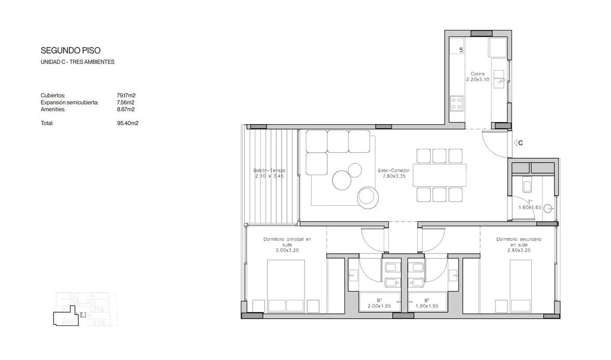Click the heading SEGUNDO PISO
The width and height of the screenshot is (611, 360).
pyautogui.click(x=71, y=51)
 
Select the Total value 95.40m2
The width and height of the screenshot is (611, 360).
pyautogui.click(x=127, y=123)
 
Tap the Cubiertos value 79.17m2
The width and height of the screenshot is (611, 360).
pyautogui.click(x=126, y=95)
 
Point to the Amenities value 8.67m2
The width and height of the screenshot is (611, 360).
pyautogui.click(x=126, y=109)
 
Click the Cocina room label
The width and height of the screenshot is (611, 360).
pyautogui.click(x=478, y=74)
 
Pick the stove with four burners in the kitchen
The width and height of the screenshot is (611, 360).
pyautogui.click(x=457, y=103)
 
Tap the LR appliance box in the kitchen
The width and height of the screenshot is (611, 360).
pyautogui.click(x=457, y=46)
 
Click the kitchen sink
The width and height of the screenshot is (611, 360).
pyautogui.click(x=499, y=79)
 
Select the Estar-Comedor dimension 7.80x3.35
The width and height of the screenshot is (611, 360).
pyautogui.click(x=394, y=176)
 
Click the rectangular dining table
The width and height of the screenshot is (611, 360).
pyautogui.click(x=440, y=175)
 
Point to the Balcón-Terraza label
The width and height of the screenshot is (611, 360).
pyautogui.click(x=269, y=170)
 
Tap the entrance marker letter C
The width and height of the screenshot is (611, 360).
pyautogui.click(x=520, y=143)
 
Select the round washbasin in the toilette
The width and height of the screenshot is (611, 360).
pyautogui.click(x=548, y=209)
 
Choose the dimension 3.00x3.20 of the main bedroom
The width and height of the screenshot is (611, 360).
pyautogui.click(x=287, y=250)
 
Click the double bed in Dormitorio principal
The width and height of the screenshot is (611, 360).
pyautogui.click(x=286, y=286)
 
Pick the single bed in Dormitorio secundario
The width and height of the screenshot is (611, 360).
pyautogui.click(x=521, y=286)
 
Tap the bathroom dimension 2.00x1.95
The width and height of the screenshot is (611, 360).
pyautogui.click(x=379, y=306)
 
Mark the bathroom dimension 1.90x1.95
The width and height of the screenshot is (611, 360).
pyautogui.click(x=427, y=306)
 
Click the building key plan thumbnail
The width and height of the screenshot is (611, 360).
pyautogui.click(x=85, y=309)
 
